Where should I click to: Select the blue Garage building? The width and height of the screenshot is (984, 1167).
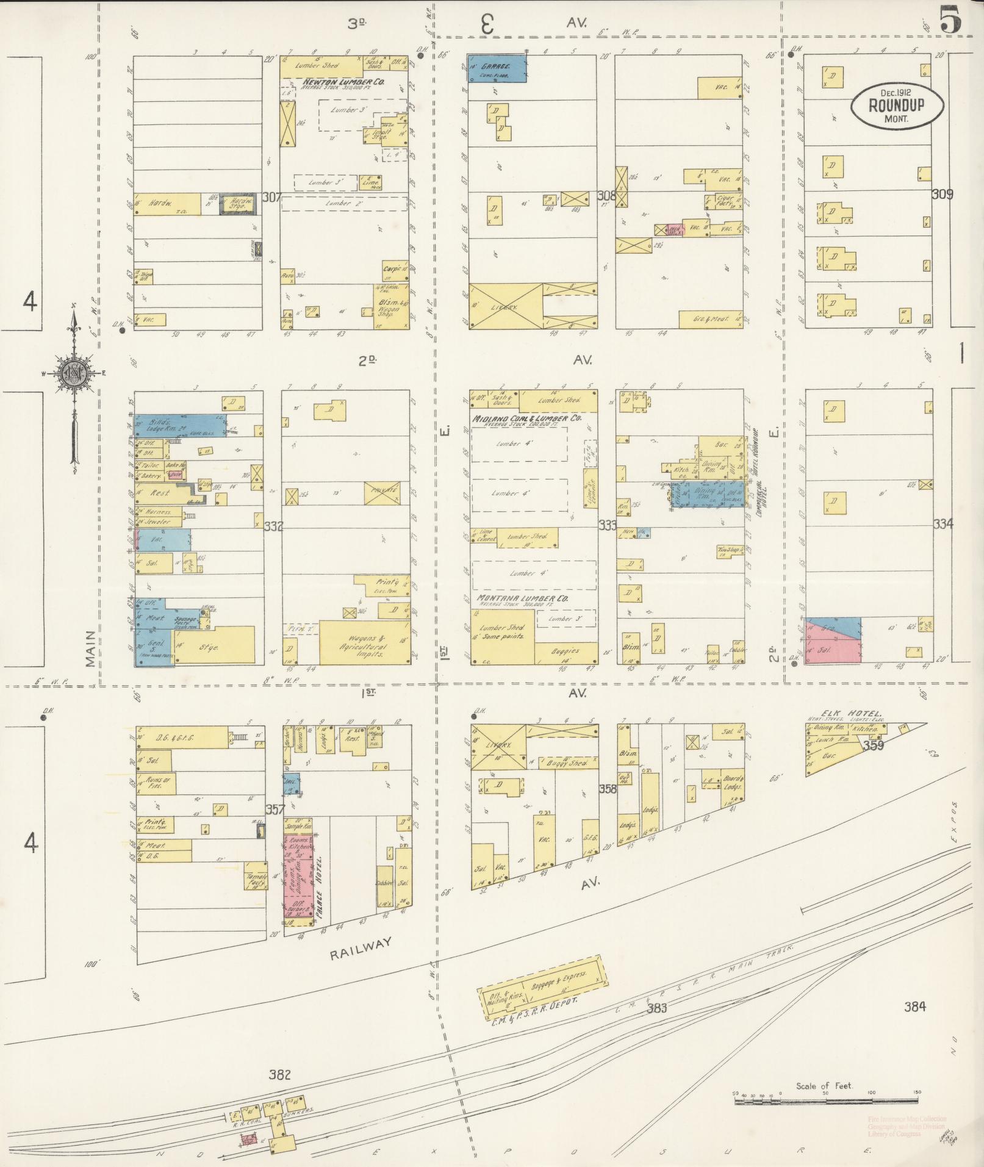click(497, 68)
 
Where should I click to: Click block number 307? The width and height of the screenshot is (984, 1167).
click(271, 197)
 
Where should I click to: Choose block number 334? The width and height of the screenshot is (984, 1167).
click(943, 523)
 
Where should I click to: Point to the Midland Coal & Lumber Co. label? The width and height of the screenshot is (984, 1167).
click(526, 419)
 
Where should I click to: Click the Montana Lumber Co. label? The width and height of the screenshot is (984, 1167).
click(522, 598)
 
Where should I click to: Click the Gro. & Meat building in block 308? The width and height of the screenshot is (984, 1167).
click(711, 319)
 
